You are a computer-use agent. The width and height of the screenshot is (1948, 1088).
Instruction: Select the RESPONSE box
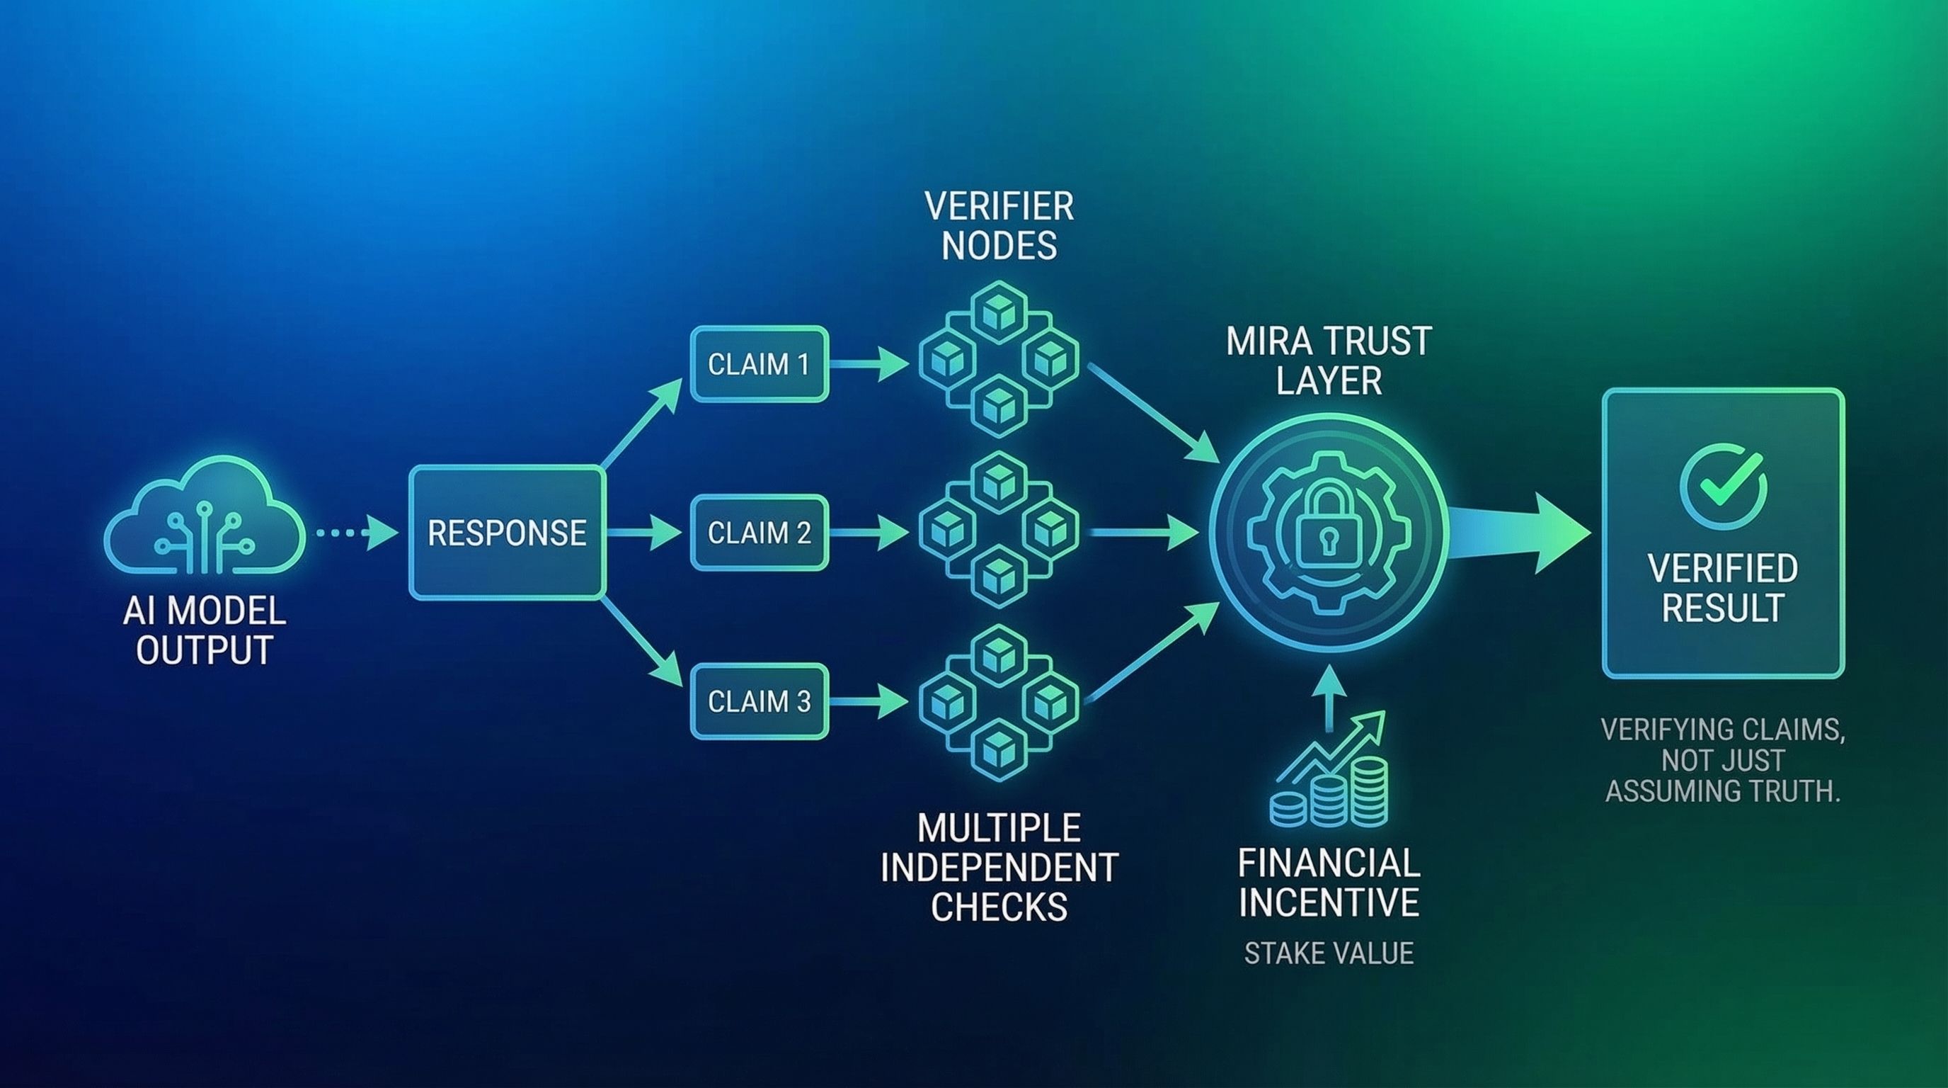(x=507, y=533)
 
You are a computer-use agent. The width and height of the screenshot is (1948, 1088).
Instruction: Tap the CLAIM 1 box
(x=760, y=364)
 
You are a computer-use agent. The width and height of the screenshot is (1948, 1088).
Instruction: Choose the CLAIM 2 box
(x=760, y=533)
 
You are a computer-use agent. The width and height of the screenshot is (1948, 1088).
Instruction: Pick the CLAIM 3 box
(x=760, y=701)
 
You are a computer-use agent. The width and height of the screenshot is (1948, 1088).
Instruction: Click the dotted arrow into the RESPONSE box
(x=355, y=533)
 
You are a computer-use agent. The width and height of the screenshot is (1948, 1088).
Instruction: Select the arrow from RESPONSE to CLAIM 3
(x=643, y=643)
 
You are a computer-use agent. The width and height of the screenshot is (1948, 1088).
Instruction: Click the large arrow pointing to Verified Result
(x=1520, y=533)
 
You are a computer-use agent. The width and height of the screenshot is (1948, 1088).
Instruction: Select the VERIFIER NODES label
(x=999, y=226)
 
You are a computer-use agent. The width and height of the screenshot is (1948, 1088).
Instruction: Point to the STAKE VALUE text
(x=1329, y=953)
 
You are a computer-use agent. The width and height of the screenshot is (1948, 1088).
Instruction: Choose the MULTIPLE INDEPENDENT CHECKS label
(x=999, y=867)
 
